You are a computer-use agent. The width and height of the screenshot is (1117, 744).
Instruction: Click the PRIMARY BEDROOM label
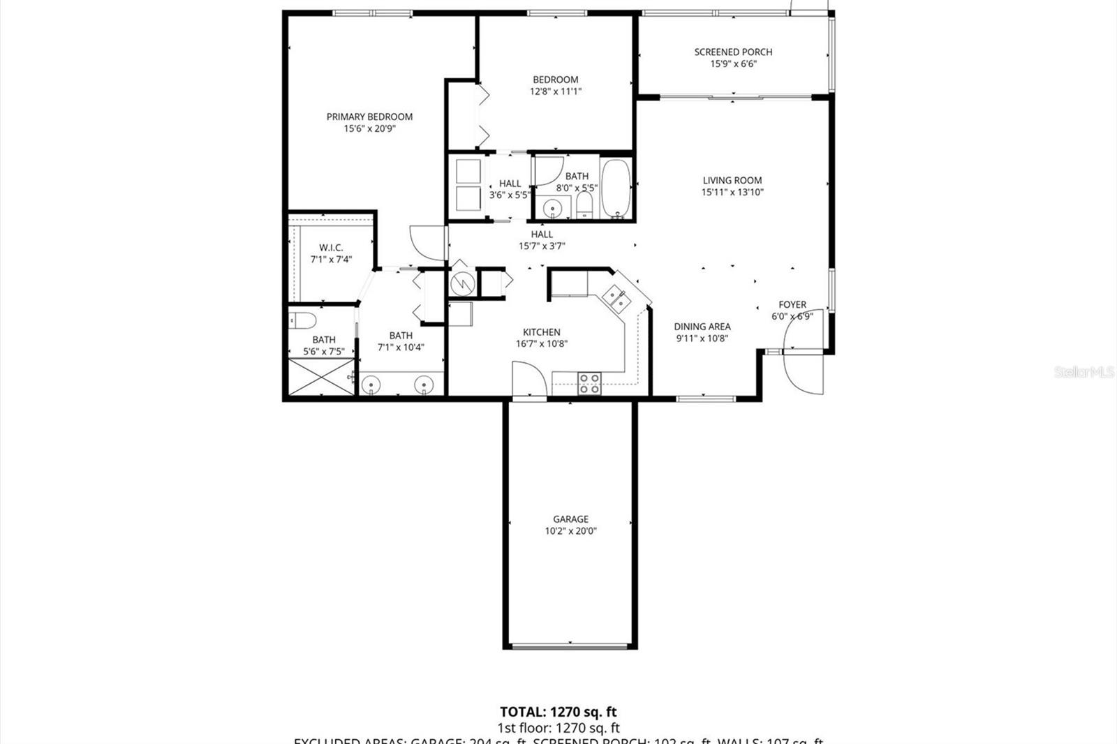tap(369, 117)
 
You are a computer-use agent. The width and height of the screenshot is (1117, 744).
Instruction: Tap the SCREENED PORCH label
tap(733, 52)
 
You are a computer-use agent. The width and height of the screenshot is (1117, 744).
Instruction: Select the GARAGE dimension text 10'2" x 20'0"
tap(570, 531)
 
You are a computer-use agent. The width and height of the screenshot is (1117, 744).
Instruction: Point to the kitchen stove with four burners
tap(589, 383)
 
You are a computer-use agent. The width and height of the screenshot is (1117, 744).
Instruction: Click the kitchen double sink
tap(615, 298)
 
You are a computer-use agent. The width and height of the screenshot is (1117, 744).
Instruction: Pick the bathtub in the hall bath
tap(616, 189)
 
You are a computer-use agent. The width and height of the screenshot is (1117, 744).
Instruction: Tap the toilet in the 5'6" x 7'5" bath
tap(302, 320)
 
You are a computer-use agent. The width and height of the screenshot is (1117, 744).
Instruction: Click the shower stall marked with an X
tap(321, 377)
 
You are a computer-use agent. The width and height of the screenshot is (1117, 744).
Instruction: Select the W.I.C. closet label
tap(331, 248)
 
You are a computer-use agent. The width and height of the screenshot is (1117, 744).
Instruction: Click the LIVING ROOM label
tap(732, 180)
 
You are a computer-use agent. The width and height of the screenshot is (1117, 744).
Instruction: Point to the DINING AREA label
tap(702, 327)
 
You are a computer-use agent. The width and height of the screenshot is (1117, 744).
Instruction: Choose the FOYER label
tap(792, 304)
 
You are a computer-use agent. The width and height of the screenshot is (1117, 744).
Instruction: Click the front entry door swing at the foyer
tap(801, 370)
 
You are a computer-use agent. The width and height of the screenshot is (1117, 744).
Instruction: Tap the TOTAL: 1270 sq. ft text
tap(558, 712)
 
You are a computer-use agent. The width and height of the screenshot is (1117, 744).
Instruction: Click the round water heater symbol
tap(461, 283)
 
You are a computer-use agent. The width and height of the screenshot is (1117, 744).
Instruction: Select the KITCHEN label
tap(542, 332)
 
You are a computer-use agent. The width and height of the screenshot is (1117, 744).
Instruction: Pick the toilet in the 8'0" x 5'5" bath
tap(584, 204)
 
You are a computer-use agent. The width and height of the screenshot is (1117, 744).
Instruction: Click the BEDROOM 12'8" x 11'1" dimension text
tap(556, 91)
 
